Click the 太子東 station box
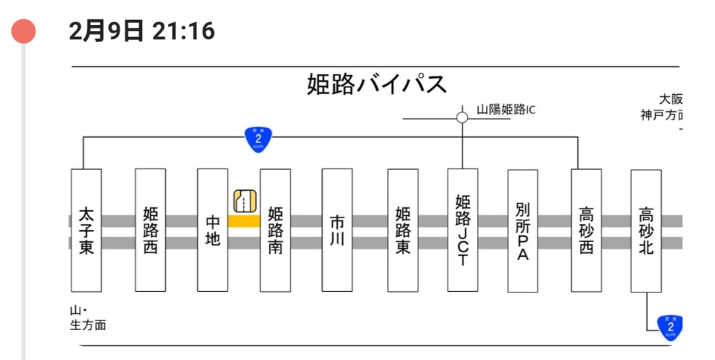coord(86,230)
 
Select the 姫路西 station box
coord(150,230)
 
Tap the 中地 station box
coord(212,230)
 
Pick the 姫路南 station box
coord(275,230)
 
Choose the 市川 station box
coord(337,230)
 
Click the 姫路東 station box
coord(403,230)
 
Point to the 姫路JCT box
coord(463,230)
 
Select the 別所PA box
coord(523,230)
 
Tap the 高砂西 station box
coord(586,230)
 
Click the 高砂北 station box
coord(646,230)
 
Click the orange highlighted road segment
coord(244,221)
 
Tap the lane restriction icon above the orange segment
coord(244,200)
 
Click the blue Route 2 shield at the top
coord(259,139)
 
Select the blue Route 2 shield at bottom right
coord(669,328)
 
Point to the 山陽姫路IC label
coord(506,110)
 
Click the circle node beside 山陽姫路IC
coord(462,117)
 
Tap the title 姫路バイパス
coord(377,85)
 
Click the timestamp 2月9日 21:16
coord(142,31)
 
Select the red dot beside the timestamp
coord(24,31)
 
